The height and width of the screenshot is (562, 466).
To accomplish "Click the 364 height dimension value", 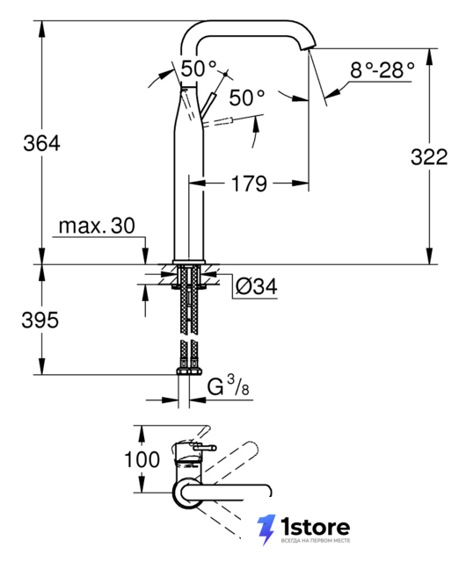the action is pos(41,143).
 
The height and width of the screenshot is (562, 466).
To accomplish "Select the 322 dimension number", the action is pos(429,157).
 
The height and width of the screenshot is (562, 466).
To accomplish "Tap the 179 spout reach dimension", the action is pos(249,184).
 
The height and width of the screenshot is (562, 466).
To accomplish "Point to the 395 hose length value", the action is pos(40,320).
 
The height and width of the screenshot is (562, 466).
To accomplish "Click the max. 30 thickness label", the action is pos(97,226).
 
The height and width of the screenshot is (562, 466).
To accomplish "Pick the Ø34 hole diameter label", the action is pos(257,286).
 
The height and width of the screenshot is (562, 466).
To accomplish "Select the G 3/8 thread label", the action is pos(229,386).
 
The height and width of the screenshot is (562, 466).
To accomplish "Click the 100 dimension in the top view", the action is pos(142,459).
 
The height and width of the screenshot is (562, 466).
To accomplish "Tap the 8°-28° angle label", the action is pos(382,70).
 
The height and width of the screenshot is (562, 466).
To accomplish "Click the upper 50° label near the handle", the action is pos(199,68).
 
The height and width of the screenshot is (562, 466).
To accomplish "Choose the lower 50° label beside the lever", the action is pos(247,97).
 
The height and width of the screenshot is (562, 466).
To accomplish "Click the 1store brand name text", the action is pos(315,527).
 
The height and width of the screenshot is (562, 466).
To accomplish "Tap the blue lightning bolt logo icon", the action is pos(266,530).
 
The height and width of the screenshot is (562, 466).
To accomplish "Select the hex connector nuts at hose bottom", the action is pos(189,371).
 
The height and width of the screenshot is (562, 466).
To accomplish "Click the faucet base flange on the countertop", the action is pos(189,262).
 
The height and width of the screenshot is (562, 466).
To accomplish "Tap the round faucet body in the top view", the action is pos(187,494).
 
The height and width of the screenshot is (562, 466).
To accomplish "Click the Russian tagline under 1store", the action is pos(315,541).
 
